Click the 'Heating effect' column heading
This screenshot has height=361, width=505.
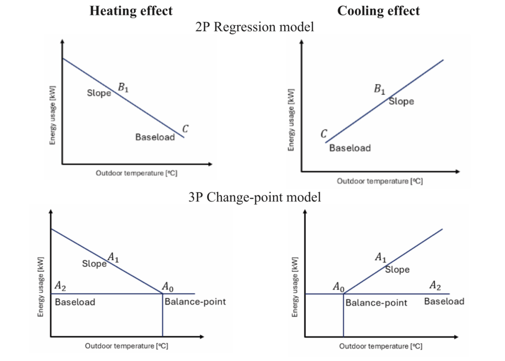pyautogui.click(x=131, y=11)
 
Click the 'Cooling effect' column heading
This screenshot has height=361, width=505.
pyautogui.click(x=378, y=11)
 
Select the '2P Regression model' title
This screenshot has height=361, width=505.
pyautogui.click(x=254, y=27)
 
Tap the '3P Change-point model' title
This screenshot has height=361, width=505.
pyautogui.click(x=254, y=198)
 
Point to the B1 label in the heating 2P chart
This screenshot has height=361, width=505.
pyautogui.click(x=123, y=88)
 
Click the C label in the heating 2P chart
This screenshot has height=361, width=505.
pyautogui.click(x=185, y=129)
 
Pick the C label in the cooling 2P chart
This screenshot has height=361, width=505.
pyautogui.click(x=324, y=134)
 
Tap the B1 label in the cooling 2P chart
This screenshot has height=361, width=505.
pyautogui.click(x=379, y=89)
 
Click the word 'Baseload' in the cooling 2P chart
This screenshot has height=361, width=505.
pyautogui.click(x=350, y=148)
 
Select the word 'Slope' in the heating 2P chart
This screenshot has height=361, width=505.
pyautogui.click(x=99, y=93)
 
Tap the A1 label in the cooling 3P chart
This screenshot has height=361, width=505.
pyautogui.click(x=381, y=257)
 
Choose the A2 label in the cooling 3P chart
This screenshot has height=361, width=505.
pyautogui.click(x=435, y=285)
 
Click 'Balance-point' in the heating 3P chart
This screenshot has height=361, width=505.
pyautogui.click(x=195, y=301)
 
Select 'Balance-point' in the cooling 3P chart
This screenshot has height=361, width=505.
pyautogui.click(x=376, y=302)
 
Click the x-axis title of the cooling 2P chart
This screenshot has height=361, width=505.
pyautogui.click(x=380, y=181)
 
